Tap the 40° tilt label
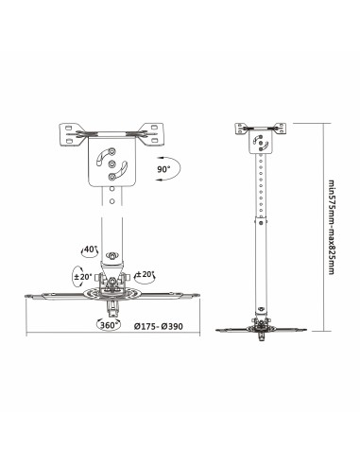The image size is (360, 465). click(90, 250)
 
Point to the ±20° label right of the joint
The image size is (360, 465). click(146, 275)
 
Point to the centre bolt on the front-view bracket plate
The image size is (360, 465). click(111, 163)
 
